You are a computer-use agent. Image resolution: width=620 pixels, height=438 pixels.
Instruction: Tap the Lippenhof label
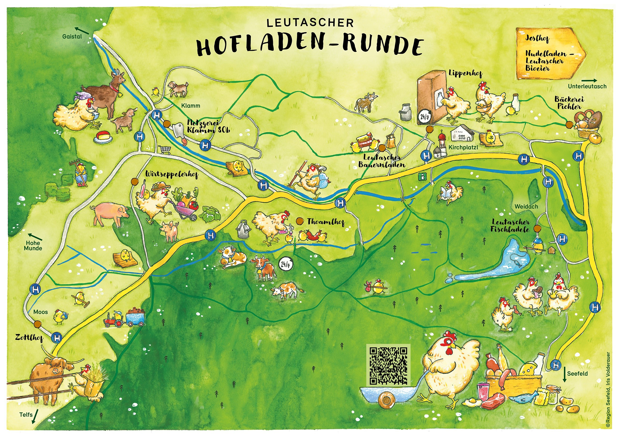[465, 73]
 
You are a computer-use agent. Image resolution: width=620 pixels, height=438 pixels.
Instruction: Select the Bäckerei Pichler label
[569, 103]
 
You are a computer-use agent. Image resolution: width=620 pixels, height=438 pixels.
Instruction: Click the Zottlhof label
[29, 338]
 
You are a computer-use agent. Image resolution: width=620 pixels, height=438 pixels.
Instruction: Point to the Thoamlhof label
[326, 222]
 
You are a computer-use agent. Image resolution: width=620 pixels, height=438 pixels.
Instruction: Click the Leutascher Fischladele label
[510, 226]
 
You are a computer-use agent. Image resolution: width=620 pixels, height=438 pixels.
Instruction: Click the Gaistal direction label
[72, 37]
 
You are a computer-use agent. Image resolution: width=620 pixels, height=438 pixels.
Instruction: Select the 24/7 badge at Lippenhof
[424, 117]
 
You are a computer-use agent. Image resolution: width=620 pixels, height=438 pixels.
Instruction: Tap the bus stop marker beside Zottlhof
[57, 338]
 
